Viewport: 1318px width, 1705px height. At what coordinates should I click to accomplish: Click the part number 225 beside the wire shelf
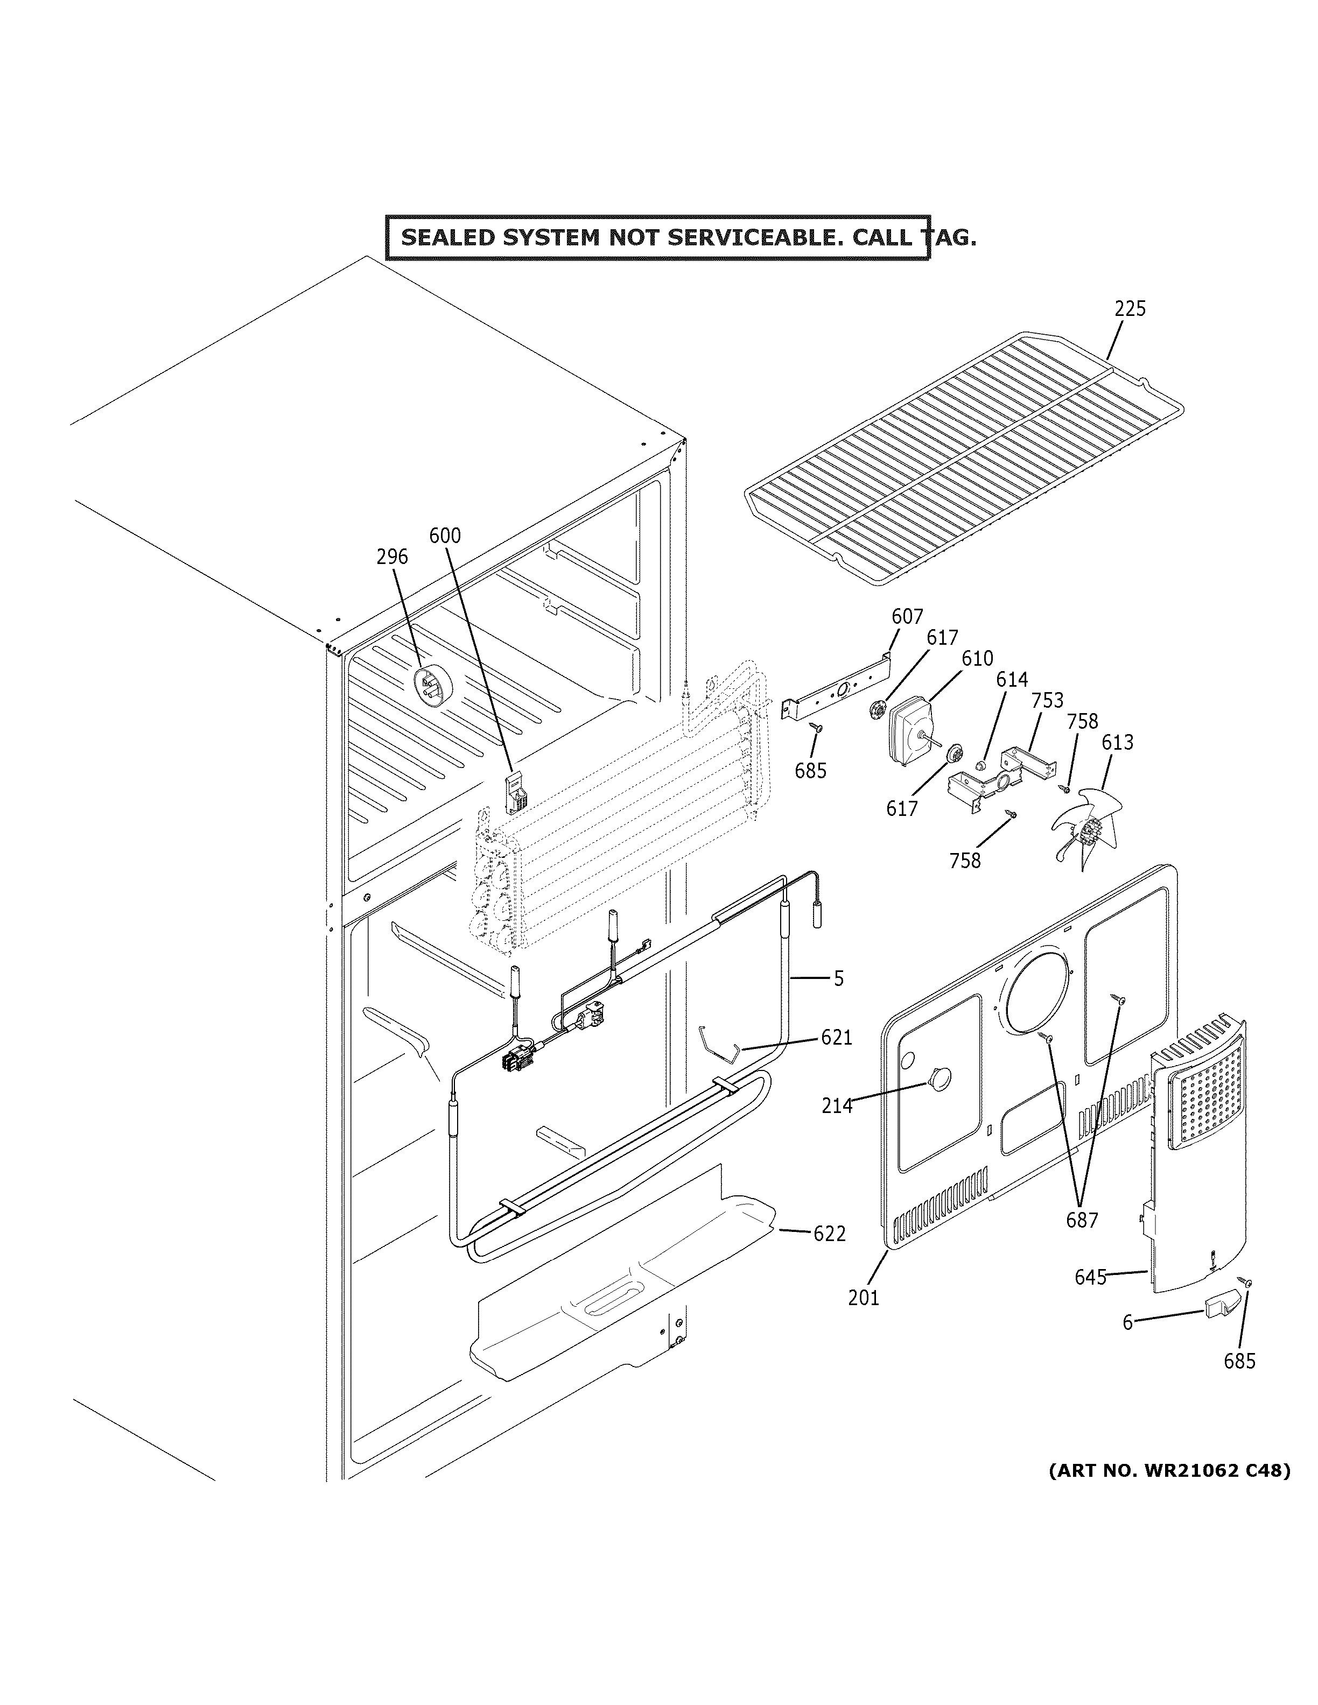pyautogui.click(x=1129, y=309)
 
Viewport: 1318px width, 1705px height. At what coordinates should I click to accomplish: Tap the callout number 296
pyautogui.click(x=392, y=556)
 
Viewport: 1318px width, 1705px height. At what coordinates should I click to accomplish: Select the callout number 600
pyautogui.click(x=445, y=536)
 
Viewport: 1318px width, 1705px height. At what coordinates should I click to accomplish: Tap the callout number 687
pyautogui.click(x=1082, y=1220)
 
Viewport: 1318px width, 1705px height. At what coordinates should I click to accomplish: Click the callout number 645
pyautogui.click(x=1090, y=1277)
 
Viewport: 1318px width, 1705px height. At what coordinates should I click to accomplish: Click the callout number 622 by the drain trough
pyautogui.click(x=829, y=1234)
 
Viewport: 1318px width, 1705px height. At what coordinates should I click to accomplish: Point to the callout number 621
pyautogui.click(x=836, y=1038)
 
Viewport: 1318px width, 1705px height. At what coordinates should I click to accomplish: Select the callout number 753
pyautogui.click(x=1047, y=700)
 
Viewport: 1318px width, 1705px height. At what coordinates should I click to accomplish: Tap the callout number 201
pyautogui.click(x=864, y=1298)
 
